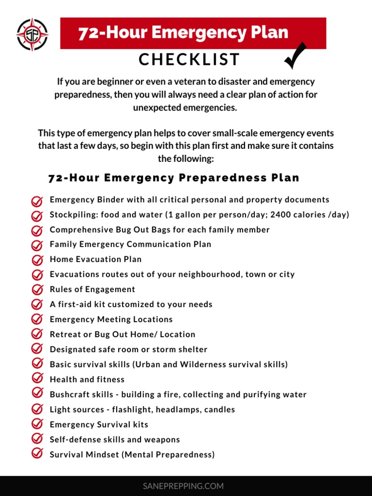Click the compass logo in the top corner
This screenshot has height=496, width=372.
32,34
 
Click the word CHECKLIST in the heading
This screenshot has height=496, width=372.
189,60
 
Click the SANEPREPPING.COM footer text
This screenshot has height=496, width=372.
183,486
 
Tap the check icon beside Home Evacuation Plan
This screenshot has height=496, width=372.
37,260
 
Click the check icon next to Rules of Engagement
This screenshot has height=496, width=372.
37,290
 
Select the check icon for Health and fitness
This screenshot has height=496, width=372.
37,379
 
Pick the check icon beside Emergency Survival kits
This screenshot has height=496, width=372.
37,424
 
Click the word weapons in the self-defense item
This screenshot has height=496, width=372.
162,439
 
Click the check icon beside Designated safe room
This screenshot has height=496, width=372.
37,349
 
